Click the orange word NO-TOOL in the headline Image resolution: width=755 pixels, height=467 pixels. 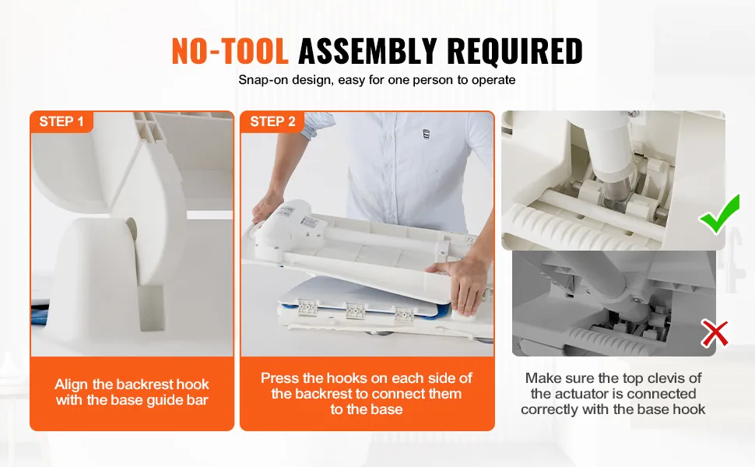coord(230,51)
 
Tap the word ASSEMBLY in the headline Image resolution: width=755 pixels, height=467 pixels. coord(367,51)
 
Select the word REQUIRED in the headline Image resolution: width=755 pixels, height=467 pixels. coord(514,51)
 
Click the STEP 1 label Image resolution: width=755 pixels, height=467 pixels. coord(61,121)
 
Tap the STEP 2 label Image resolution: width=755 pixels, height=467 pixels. coord(272,121)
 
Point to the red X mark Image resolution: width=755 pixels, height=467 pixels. coord(715,334)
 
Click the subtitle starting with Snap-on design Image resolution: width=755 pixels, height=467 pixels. coord(377,80)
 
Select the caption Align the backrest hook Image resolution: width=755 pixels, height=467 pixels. coord(132,392)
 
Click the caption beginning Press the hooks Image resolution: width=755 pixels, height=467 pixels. coord(367,393)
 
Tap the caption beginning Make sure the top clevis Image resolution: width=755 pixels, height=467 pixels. coord(613,393)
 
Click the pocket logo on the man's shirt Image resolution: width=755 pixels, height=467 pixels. coord(426,134)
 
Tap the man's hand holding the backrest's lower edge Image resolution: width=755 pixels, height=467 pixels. coord(455,283)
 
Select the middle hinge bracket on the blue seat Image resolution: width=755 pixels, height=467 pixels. coord(356,311)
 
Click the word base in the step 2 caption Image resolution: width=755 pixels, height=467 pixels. coord(386,409)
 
